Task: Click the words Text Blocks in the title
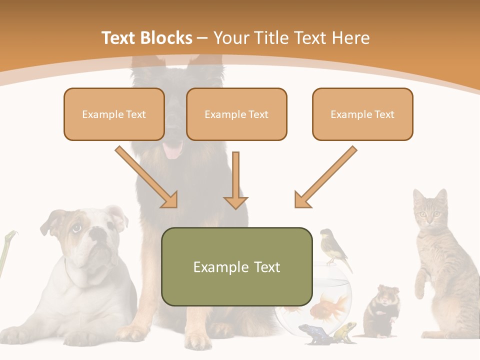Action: pos(146,38)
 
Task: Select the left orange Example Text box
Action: pos(114,114)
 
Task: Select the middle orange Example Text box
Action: pos(236,114)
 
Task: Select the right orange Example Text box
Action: pos(362,114)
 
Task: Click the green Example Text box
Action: pos(236,267)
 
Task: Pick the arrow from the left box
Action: pos(147,177)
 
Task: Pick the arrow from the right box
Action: pos(325,177)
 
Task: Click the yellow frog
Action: pos(345,331)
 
